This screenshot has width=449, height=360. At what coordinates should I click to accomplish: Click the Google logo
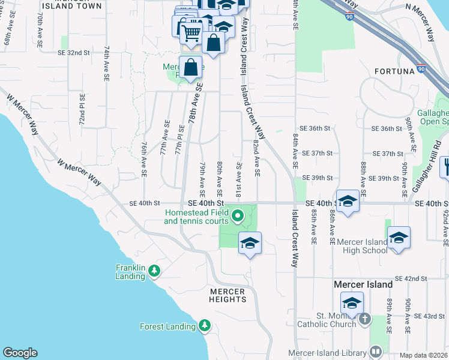coord(20,353)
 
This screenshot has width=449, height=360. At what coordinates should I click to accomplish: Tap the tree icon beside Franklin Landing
coord(154,272)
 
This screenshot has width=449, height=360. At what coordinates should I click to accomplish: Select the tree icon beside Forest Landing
coord(205,326)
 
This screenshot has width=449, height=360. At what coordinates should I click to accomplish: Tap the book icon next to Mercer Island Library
coord(375,351)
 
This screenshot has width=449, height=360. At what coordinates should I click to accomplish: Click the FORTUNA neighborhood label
coord(394,71)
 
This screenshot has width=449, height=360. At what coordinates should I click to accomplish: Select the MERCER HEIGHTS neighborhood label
coord(227,296)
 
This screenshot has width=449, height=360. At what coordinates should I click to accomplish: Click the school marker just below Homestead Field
coord(250,244)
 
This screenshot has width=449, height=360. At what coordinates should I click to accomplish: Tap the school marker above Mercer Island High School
coord(399,238)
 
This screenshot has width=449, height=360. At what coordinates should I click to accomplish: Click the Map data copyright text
coord(423,355)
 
